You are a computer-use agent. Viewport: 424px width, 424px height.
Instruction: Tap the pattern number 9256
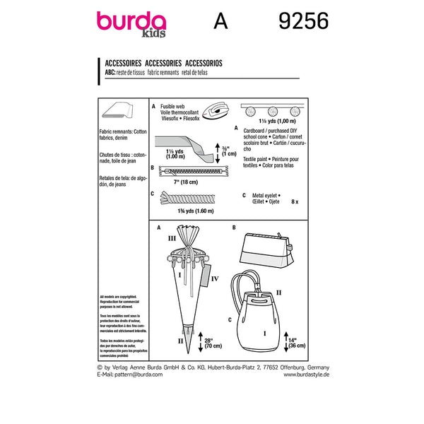299,23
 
